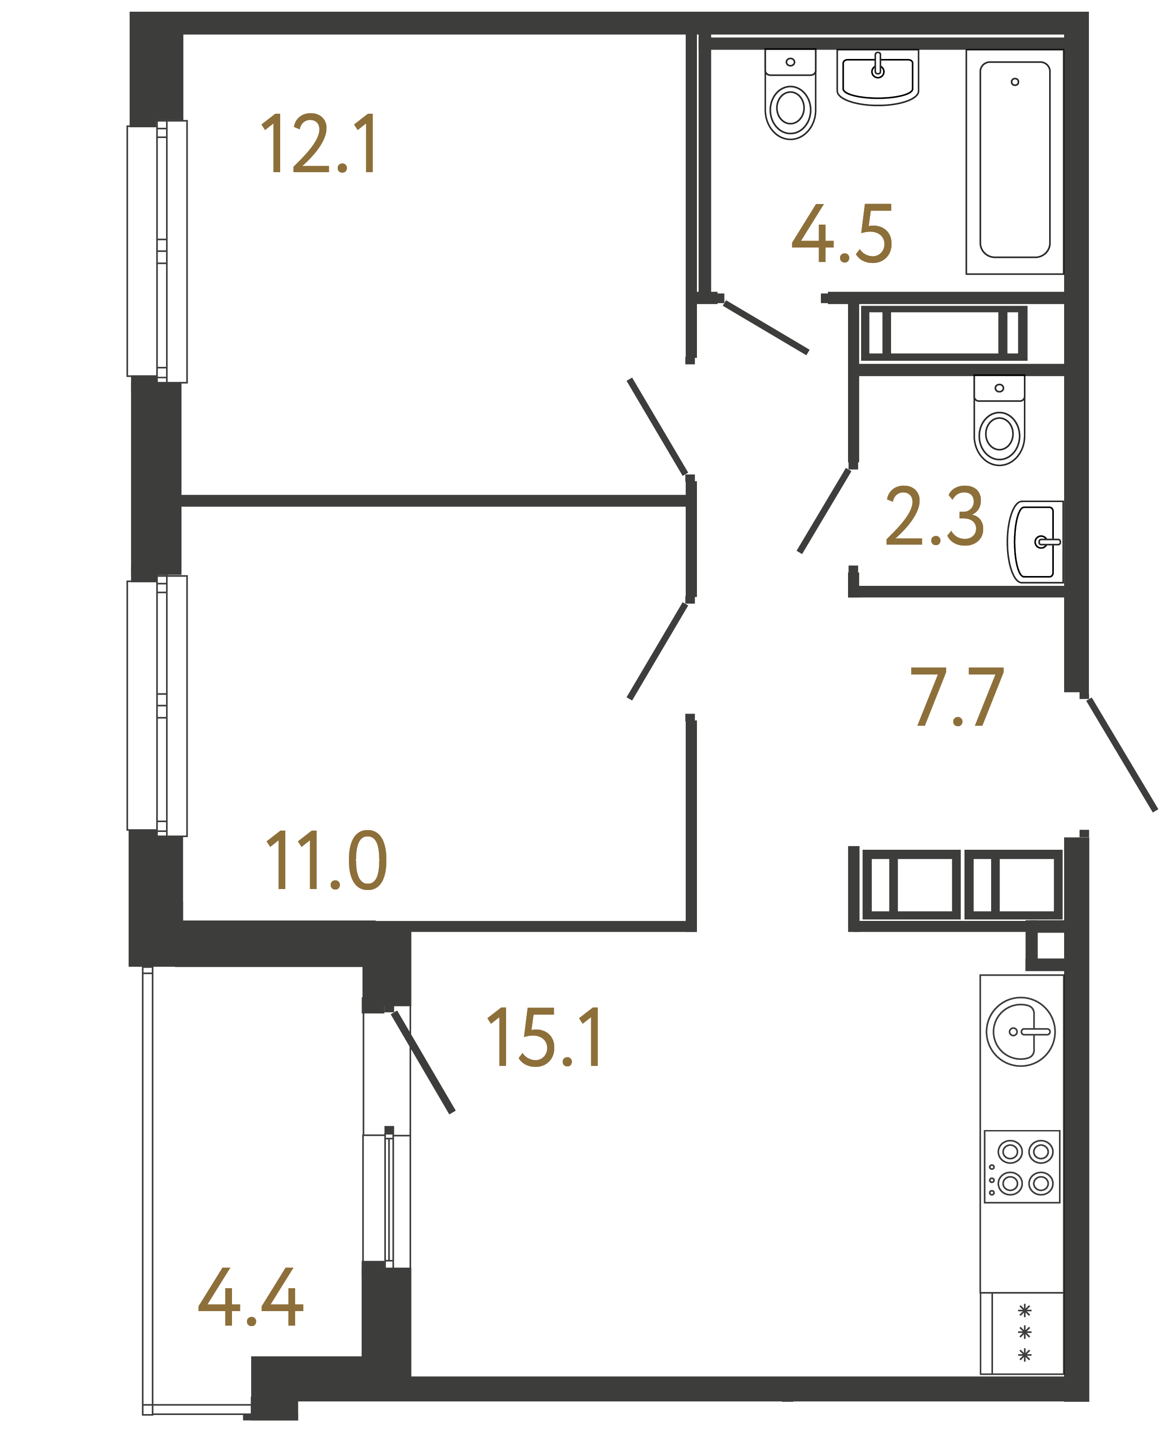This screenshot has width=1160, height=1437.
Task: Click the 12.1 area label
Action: pos(319,145)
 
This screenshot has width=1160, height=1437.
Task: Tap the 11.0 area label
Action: pos(326,861)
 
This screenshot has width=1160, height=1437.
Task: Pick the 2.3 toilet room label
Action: pos(934,516)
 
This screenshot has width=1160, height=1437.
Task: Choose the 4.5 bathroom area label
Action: pos(842,234)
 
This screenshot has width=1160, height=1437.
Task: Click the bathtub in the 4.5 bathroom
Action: pos(1015,160)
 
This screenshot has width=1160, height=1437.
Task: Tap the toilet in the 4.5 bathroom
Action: pos(790,97)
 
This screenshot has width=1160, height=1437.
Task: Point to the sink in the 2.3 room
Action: pos(1034,542)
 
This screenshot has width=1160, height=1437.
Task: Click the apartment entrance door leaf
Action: pos(1121,755)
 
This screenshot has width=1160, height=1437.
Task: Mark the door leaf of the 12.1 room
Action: pos(658,427)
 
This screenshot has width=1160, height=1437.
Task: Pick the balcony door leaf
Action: pos(423,1063)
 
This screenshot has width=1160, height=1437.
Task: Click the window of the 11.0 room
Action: pos(158,706)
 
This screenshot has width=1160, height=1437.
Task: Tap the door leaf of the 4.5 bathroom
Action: pos(766,328)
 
